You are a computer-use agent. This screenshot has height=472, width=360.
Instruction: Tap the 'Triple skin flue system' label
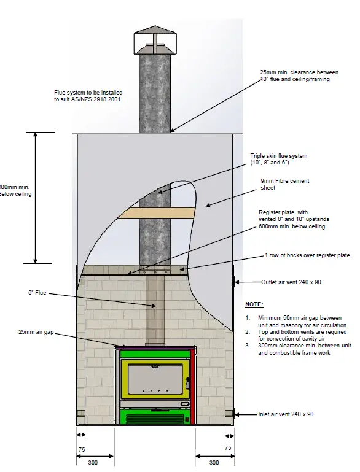(x=278, y=160)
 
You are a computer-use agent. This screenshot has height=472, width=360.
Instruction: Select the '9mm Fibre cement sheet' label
(x=285, y=185)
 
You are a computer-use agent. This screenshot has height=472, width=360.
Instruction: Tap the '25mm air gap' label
(x=36, y=331)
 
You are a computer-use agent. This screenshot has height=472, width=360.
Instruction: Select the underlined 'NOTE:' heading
(x=254, y=304)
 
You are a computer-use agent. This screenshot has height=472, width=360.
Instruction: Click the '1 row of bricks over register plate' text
(x=307, y=255)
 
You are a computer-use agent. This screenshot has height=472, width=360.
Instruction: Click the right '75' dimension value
(x=229, y=448)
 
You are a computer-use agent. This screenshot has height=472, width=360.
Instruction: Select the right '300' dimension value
(x=213, y=462)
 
